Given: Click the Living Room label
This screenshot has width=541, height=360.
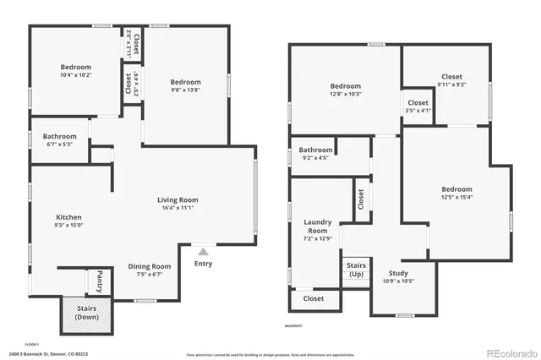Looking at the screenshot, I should [178, 200].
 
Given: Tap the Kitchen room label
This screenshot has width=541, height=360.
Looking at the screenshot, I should [68, 217].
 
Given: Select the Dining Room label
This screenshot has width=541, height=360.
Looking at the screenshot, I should [150, 266].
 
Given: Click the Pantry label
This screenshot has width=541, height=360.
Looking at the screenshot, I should [100, 275].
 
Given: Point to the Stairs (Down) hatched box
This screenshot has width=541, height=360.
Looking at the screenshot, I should [86, 313].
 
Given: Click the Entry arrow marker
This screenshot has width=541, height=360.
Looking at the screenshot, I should [202, 251].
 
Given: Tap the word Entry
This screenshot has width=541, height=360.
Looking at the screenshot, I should [203, 264].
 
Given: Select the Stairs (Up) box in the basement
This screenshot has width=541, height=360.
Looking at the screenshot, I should [357, 270].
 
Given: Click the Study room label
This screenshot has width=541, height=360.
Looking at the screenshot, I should [398, 273].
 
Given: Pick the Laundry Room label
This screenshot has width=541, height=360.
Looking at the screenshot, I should [317, 226].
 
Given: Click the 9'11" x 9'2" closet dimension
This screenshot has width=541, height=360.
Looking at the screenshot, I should [451, 85].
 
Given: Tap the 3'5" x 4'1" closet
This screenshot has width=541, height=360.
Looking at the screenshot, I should [418, 106].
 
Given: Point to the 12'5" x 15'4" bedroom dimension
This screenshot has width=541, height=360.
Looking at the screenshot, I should [456, 198].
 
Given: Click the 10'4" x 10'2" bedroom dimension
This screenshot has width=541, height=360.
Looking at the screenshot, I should [75, 75].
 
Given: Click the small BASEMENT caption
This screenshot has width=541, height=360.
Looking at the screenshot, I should [293, 325].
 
